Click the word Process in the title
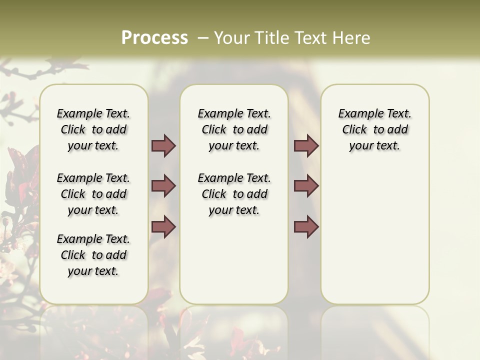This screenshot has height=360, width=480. click(154, 38)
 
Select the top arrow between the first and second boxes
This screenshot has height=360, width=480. click(163, 146)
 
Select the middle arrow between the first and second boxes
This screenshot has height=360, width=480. click(163, 186)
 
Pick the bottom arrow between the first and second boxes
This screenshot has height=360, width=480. click(163, 227)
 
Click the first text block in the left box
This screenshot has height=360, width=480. click(93, 129)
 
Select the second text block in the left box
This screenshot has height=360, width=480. click(93, 194)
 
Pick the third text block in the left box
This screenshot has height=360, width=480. click(93, 255)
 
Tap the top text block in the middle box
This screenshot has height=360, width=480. click(234, 129)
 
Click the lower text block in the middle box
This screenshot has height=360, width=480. click(234, 194)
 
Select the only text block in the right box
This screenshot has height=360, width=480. click(374, 129)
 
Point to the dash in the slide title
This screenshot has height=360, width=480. click(203, 38)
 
